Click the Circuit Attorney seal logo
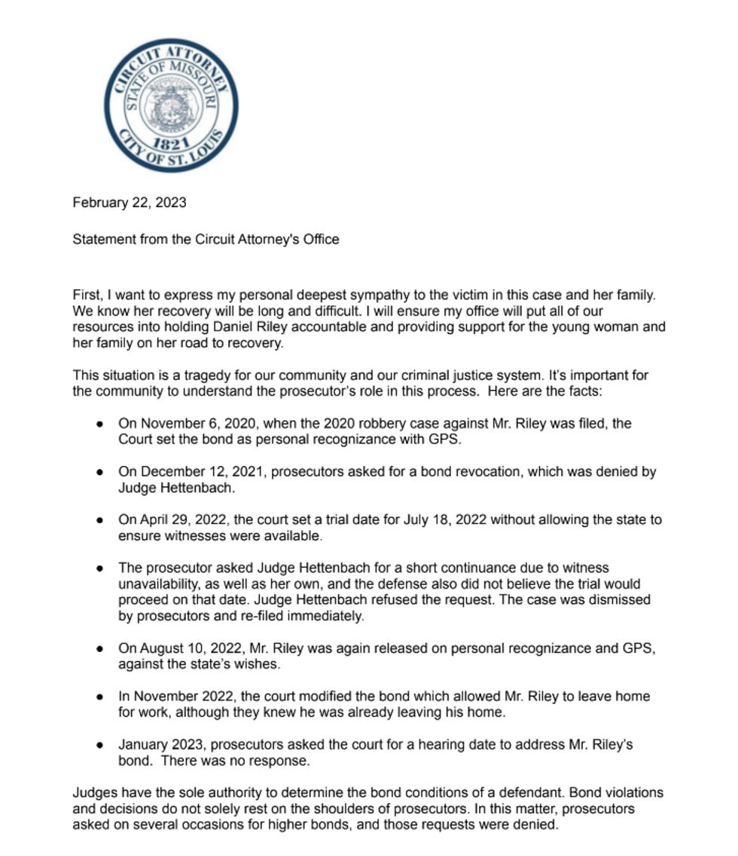coord(172,105)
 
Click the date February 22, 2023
coord(130,203)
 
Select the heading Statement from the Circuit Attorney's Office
coord(206,239)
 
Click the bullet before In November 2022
coord(99,697)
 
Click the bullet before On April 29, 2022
coord(99,520)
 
